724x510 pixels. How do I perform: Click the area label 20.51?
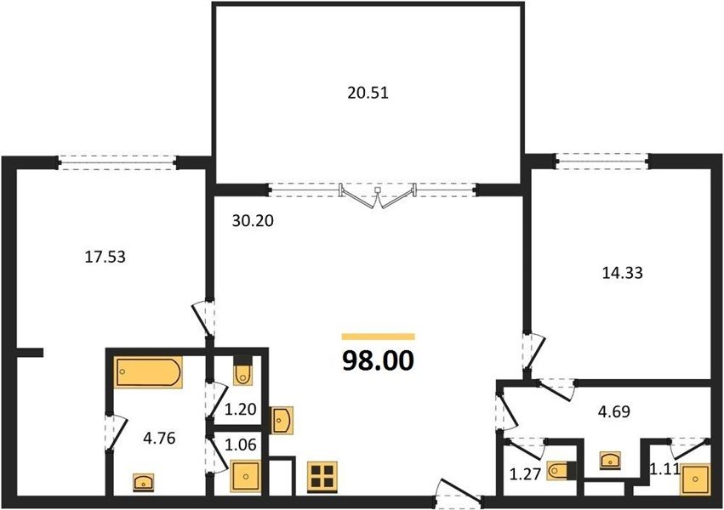(368, 93)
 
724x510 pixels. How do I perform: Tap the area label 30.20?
(253, 221)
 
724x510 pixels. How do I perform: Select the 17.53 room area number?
(105, 257)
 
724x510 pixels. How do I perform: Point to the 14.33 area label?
(623, 273)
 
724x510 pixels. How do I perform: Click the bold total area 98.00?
(378, 361)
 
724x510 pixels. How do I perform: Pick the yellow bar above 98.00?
(378, 337)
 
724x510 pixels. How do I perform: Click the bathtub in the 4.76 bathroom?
(148, 372)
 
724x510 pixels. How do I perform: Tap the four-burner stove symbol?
(322, 476)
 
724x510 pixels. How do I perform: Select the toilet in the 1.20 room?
(242, 372)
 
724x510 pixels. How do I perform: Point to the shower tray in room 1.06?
(246, 475)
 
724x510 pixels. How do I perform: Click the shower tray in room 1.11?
(695, 479)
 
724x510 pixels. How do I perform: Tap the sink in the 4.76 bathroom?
(144, 482)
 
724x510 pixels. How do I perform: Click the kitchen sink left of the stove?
(282, 420)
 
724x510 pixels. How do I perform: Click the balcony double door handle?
(378, 190)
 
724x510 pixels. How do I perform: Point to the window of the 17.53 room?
(117, 163)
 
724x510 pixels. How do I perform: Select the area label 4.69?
(613, 411)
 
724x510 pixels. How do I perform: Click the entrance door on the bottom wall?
(458, 495)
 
